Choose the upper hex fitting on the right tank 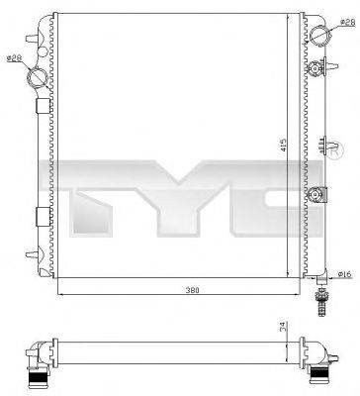pyautogui.click(x=316, y=68)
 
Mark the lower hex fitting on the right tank pyautogui.click(x=316, y=195)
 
